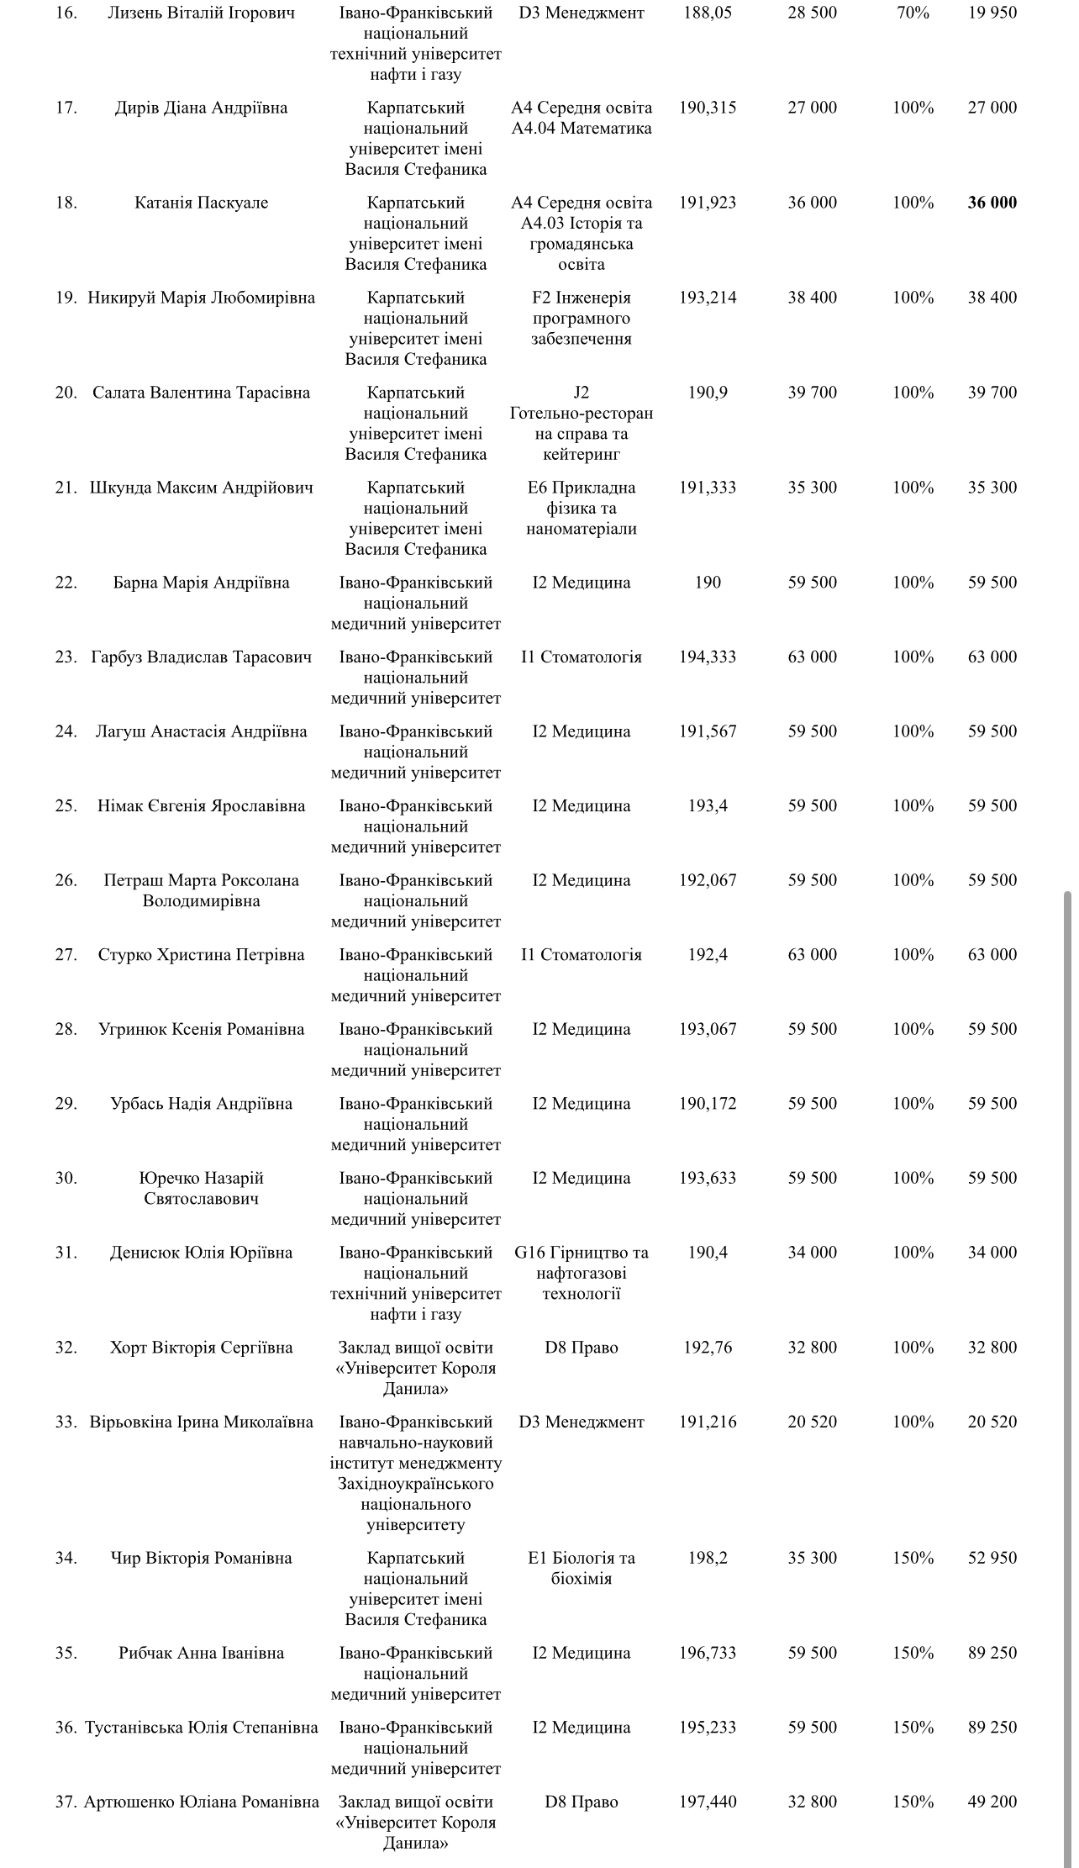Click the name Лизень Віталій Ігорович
(x=202, y=13)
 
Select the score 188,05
(x=708, y=13)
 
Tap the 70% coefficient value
(x=913, y=13)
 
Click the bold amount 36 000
(x=992, y=203)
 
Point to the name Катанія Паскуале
(x=202, y=203)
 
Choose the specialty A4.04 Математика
(x=582, y=129)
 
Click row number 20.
(x=66, y=393)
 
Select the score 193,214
(x=708, y=298)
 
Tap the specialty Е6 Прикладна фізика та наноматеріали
(x=582, y=508)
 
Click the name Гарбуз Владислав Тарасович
(x=202, y=657)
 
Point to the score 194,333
(x=708, y=657)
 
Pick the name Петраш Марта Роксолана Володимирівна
(x=202, y=890)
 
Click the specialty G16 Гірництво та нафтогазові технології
(x=582, y=1273)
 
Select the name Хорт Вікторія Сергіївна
(x=202, y=1348)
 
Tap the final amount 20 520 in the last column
(x=992, y=1422)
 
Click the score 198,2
(x=708, y=1559)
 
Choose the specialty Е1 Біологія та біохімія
(x=582, y=1569)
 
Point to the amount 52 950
(x=992, y=1559)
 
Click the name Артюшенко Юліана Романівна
(x=202, y=1802)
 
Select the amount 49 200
(x=992, y=1802)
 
